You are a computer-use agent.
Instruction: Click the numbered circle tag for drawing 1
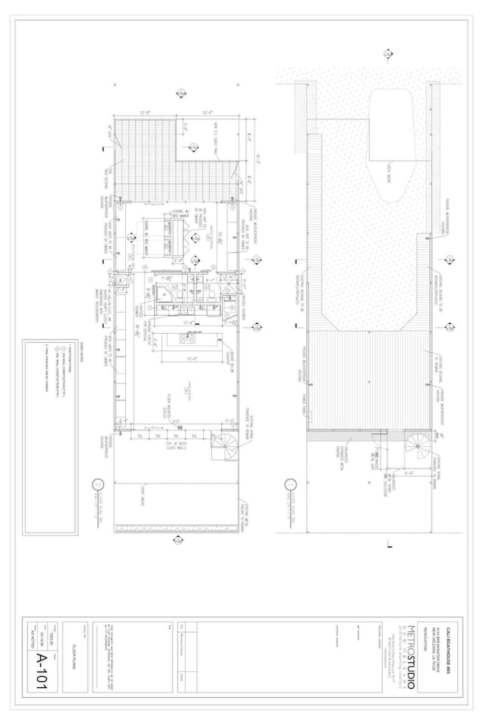(290, 486)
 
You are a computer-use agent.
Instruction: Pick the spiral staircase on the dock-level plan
(417, 445)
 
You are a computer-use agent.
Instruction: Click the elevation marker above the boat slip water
(387, 54)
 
